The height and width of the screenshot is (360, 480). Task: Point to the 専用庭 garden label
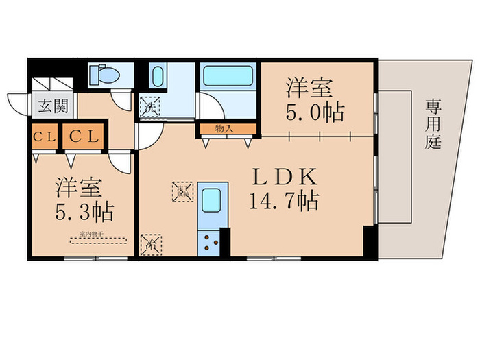(x=432, y=124)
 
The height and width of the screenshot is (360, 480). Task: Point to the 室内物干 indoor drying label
(x=98, y=240)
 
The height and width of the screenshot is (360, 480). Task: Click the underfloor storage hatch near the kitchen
(x=184, y=191)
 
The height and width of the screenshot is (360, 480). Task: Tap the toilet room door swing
(x=123, y=99)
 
